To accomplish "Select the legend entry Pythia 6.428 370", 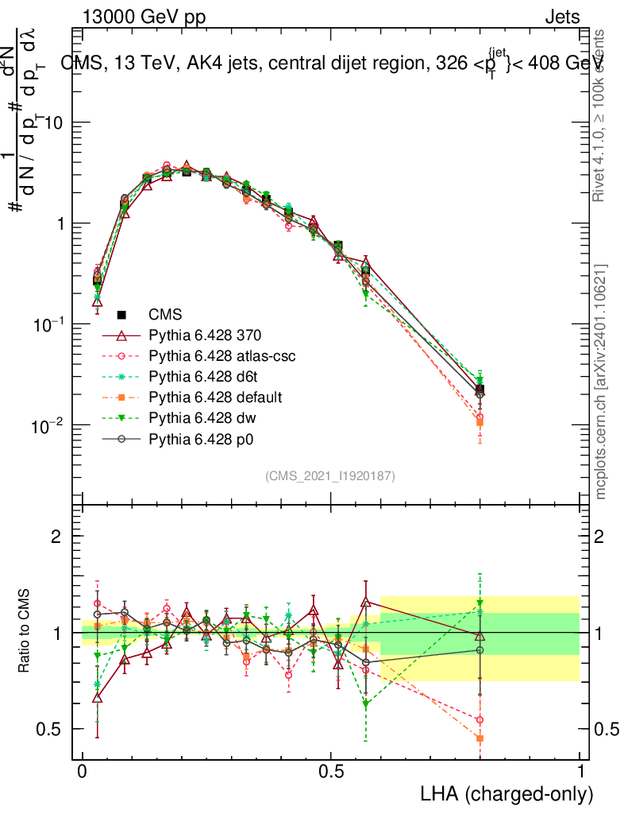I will tap(205, 335).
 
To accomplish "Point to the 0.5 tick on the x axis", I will tap(331, 771).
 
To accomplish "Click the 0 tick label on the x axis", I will tap(82, 771).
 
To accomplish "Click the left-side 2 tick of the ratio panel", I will tap(56, 537).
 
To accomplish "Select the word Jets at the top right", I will tap(561, 17).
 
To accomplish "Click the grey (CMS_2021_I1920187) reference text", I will tap(329, 475).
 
